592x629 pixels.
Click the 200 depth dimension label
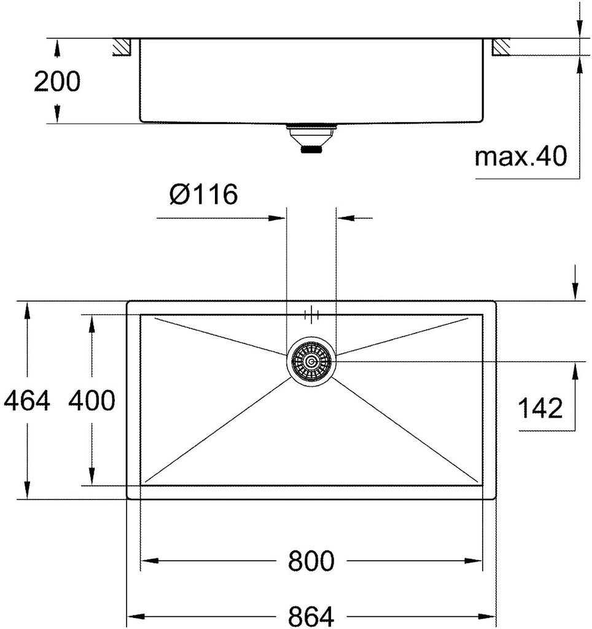tap(57, 82)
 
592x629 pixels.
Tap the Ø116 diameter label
tap(203, 194)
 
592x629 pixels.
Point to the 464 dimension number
tap(27, 400)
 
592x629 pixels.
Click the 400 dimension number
tap(92, 400)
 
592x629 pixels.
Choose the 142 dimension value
tap(540, 408)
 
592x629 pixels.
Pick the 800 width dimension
tap(311, 561)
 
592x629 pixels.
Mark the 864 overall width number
tap(311, 616)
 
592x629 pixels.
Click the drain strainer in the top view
tap(311, 362)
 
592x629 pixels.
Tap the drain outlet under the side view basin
tap(311, 138)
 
